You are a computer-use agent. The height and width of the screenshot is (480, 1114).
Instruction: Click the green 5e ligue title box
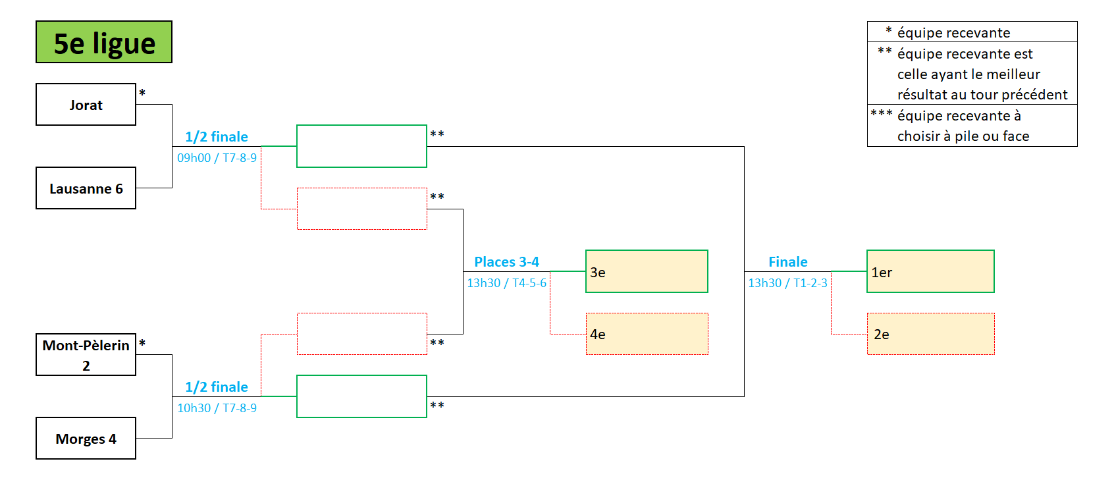[x=104, y=42]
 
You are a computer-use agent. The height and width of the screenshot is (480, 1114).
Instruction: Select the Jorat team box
[x=86, y=105]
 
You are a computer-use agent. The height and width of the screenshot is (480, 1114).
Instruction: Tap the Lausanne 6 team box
[x=86, y=188]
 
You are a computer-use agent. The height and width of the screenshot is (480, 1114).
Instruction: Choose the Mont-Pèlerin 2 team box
[x=86, y=355]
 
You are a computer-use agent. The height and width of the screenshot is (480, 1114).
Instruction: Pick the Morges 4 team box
[x=86, y=439]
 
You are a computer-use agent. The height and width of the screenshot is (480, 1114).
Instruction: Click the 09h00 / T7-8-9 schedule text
[x=217, y=158]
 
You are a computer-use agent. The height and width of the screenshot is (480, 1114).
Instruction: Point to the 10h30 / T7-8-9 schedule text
[x=217, y=408]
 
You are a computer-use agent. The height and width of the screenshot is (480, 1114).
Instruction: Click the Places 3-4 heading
[x=506, y=262]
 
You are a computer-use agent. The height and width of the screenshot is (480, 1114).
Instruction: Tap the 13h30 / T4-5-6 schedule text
[x=506, y=283]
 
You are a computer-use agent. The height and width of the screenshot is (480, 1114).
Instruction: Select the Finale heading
[x=787, y=262]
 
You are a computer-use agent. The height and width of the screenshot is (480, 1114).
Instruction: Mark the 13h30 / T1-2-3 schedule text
[x=787, y=283]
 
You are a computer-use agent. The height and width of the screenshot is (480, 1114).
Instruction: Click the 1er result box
[x=930, y=271]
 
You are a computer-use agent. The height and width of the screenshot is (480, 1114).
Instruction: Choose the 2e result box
[x=930, y=334]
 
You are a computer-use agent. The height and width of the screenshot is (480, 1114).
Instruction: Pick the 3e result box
[x=647, y=271]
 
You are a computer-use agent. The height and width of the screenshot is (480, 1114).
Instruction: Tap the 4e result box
[x=647, y=334]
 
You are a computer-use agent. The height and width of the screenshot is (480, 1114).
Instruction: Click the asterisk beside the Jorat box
[x=142, y=93]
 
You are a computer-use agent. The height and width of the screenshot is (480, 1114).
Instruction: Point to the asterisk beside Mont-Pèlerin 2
[x=142, y=344]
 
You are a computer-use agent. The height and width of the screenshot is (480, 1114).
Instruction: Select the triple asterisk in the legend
[x=882, y=114]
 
